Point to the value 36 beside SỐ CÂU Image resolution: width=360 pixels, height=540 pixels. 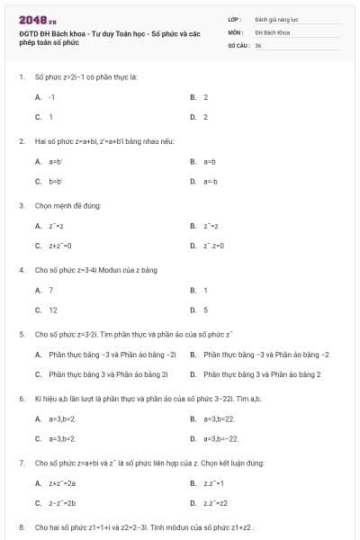[x=258, y=45]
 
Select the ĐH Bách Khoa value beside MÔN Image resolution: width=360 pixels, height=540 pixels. [x=271, y=31]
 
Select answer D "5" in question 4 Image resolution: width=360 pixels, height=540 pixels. [x=205, y=310]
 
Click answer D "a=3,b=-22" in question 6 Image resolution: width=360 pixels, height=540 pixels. [x=221, y=438]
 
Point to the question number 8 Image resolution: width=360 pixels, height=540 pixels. [x=21, y=526]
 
